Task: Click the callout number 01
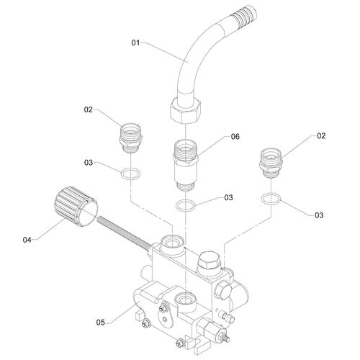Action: [x=135, y=43]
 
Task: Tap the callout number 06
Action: [x=235, y=137]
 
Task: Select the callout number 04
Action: [x=27, y=240]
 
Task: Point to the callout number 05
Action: [x=101, y=323]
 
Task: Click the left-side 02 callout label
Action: [x=88, y=109]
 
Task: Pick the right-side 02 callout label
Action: [x=321, y=136]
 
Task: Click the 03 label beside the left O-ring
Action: [x=89, y=163]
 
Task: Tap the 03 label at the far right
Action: [x=319, y=215]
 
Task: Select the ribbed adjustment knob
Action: [x=76, y=207]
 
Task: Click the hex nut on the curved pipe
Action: [x=185, y=112]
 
